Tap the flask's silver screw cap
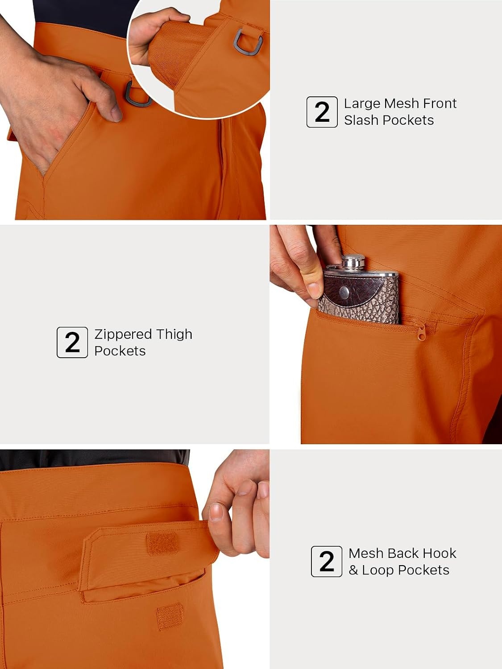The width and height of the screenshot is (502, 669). tap(353, 262)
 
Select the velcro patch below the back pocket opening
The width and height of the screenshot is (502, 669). tap(170, 616)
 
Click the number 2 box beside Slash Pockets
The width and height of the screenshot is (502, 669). tap(322, 112)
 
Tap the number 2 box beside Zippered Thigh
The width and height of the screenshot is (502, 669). tap(72, 342)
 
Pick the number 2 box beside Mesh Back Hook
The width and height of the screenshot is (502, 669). tap(327, 561)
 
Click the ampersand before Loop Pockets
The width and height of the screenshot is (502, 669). tap(353, 570)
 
